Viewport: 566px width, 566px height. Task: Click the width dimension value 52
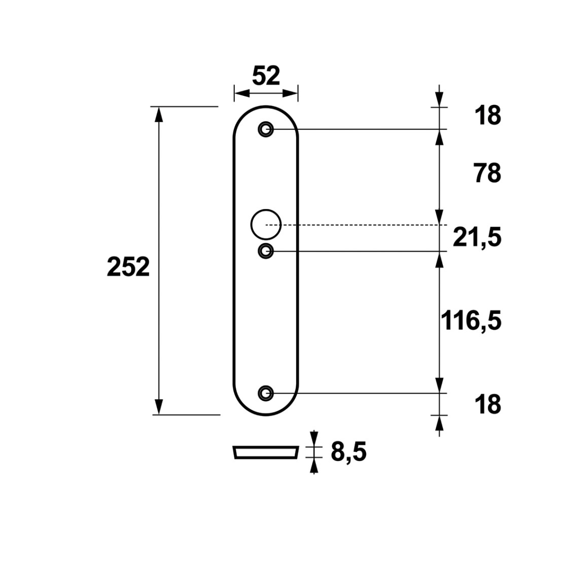[x=266, y=76]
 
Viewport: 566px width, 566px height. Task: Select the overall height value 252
[x=128, y=267]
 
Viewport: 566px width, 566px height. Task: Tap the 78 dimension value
[x=488, y=173]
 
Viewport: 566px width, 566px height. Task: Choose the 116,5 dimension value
[x=471, y=321]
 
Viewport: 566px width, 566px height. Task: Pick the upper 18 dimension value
[x=488, y=116]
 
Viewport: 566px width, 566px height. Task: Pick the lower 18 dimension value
[x=488, y=404]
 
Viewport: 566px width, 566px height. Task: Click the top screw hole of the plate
[x=266, y=129]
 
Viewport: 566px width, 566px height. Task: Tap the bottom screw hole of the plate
[x=266, y=393]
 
